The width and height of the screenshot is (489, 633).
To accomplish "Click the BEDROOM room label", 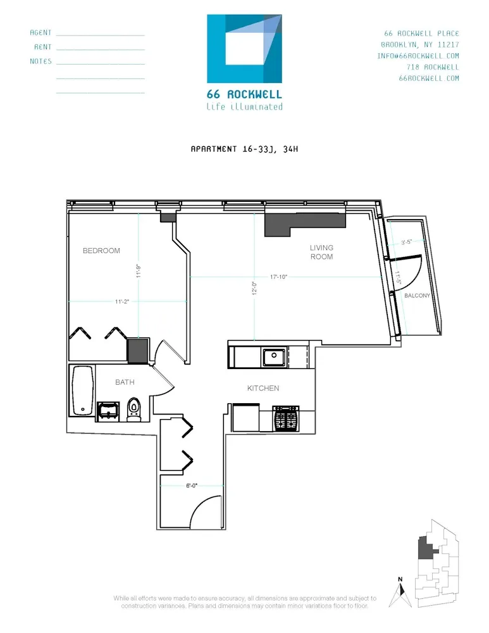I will (101, 251).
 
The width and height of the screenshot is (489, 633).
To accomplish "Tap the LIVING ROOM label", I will (321, 252).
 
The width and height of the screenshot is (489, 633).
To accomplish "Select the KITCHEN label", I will (263, 388).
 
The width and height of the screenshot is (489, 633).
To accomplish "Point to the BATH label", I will (124, 382).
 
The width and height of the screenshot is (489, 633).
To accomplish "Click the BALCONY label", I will (418, 296).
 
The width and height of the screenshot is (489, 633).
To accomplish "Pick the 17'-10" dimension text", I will (279, 277).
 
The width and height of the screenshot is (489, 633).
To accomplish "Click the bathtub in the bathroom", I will (83, 391).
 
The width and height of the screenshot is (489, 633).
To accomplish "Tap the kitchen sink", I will (275, 357).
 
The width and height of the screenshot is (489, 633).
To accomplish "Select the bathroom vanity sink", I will (109, 410).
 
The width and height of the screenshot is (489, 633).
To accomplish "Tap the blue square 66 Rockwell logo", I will (244, 48).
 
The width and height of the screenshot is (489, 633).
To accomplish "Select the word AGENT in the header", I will (40, 32).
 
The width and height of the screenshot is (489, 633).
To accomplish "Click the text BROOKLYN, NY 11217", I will (419, 44).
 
